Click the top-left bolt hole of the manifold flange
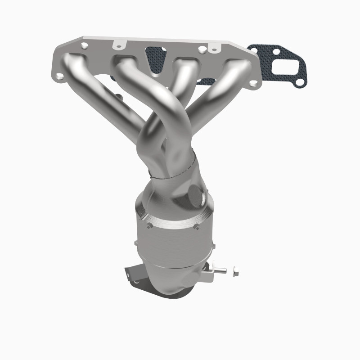pyautogui.click(x=84, y=45)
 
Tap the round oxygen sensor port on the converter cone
pyautogui.click(x=196, y=194)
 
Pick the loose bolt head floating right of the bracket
pyautogui.click(x=236, y=273)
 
